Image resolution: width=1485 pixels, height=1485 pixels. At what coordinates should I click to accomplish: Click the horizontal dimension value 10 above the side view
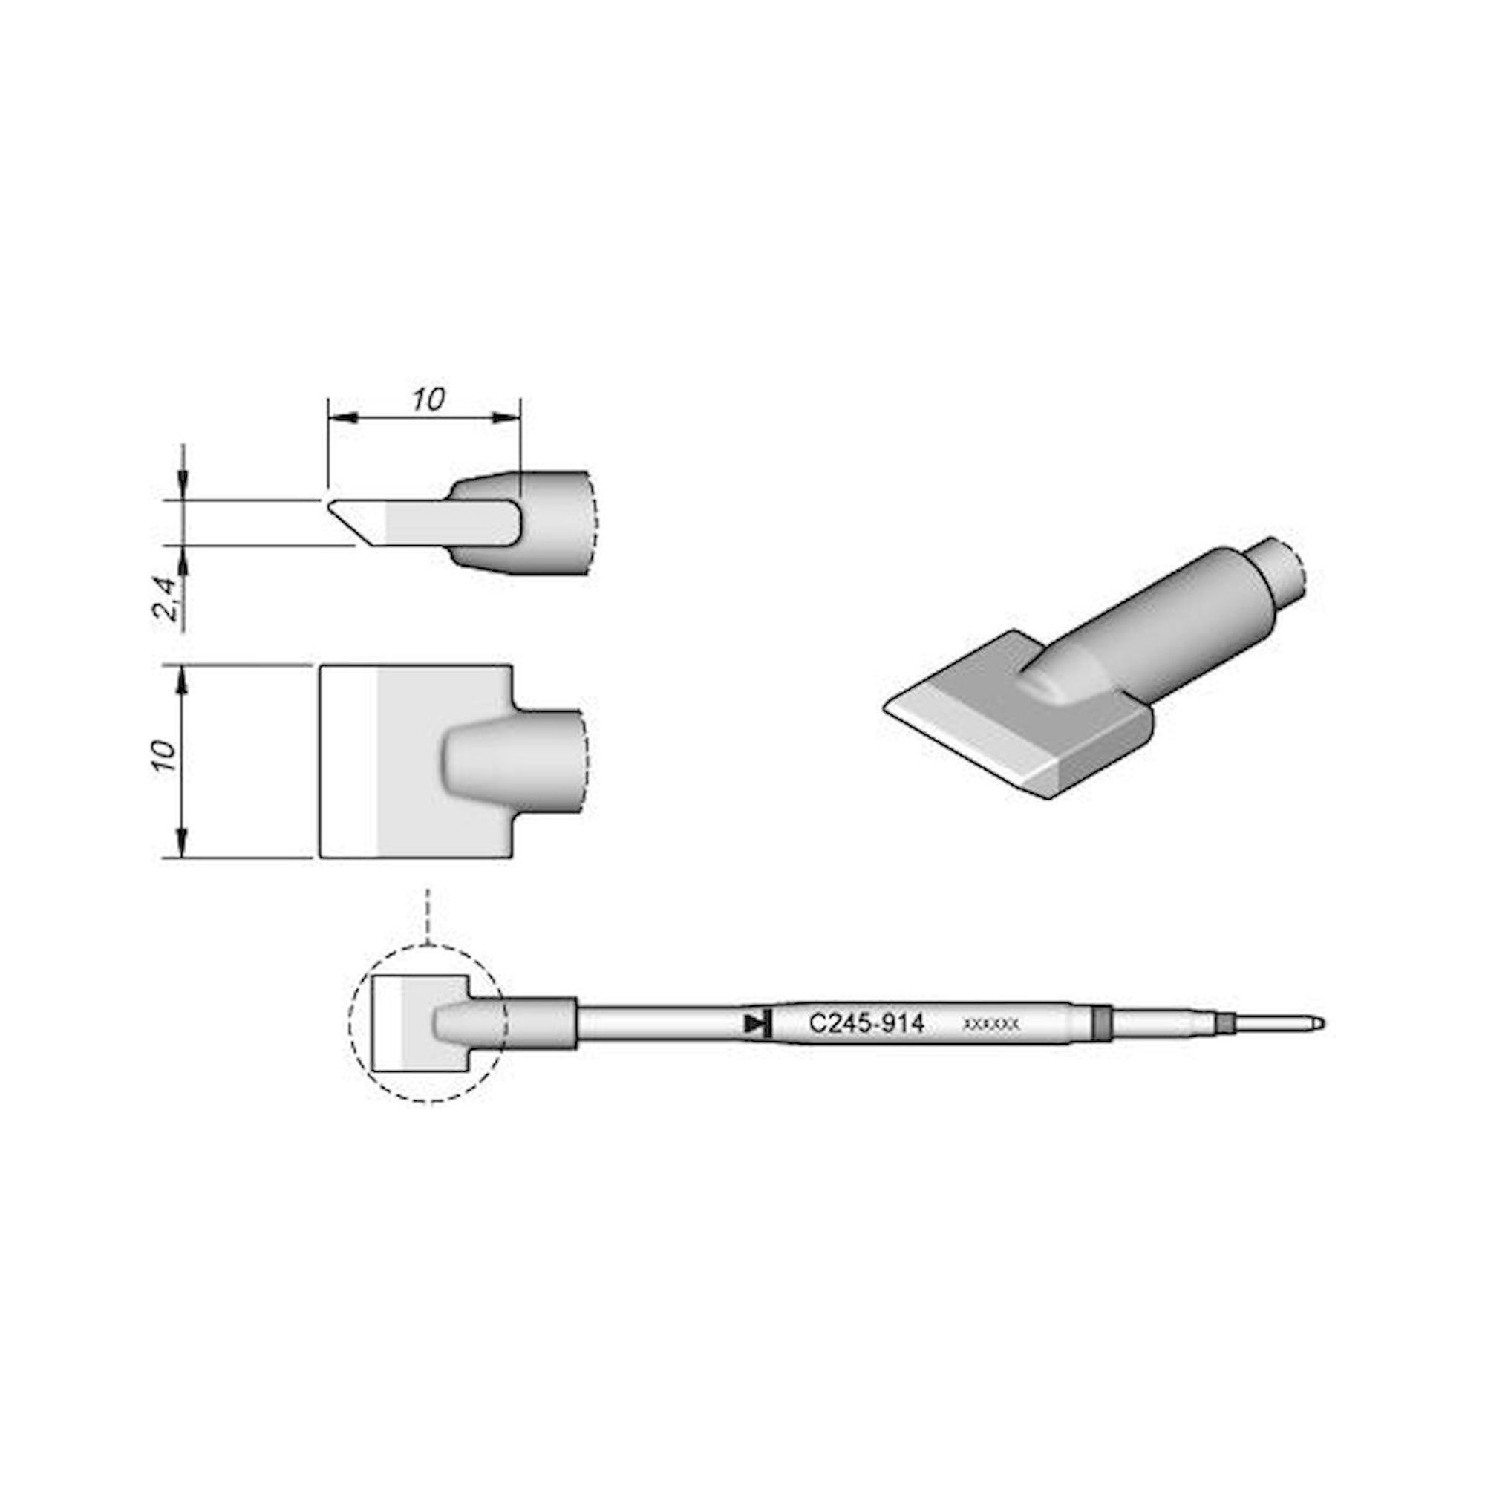428,399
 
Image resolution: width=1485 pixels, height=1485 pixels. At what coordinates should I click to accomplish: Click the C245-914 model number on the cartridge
866,1024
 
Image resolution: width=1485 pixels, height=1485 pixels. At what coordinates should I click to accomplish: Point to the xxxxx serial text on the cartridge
990,1025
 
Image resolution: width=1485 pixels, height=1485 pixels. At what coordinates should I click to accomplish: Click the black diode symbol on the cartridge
758,1024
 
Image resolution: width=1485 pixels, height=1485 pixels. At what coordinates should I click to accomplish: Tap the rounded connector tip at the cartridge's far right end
1316,1023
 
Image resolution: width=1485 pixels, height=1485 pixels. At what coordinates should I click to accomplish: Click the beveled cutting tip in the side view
358,523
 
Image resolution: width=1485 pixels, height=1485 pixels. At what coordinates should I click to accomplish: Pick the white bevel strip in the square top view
348,761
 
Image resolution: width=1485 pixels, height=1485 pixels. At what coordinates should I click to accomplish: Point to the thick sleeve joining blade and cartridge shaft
538,1023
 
